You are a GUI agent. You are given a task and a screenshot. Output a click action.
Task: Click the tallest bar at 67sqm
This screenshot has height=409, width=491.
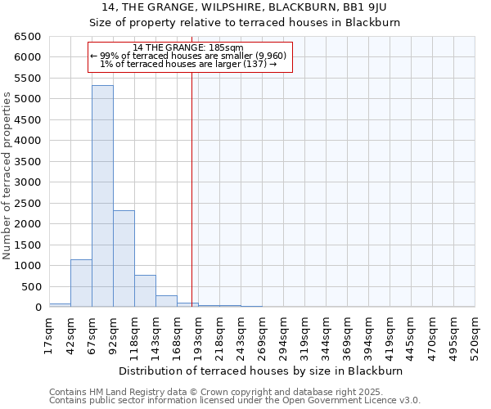(x=102, y=196)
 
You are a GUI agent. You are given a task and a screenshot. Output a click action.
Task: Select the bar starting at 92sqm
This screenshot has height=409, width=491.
(x=124, y=258)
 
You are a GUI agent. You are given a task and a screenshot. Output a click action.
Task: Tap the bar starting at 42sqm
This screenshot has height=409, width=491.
(x=81, y=283)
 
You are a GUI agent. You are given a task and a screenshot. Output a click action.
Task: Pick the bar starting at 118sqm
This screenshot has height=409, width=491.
(x=145, y=291)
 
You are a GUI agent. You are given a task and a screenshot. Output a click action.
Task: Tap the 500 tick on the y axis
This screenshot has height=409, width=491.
(x=31, y=286)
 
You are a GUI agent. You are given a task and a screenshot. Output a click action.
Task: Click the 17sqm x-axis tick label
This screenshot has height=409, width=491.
(x=50, y=332)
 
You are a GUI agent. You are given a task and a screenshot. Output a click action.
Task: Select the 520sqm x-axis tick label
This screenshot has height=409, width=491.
(x=475, y=335)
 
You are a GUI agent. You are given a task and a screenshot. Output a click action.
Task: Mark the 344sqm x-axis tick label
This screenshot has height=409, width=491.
(x=327, y=335)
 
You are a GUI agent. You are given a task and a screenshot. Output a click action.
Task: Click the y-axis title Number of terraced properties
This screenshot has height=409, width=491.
(x=7, y=176)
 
